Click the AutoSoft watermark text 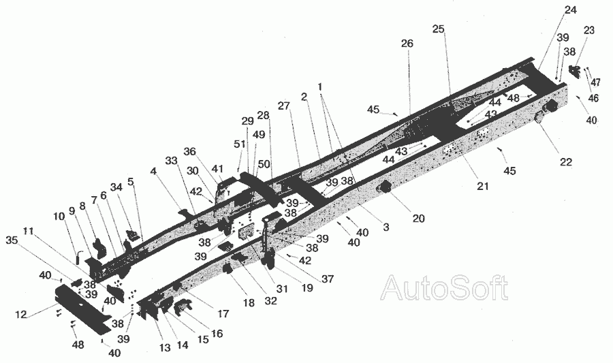pyautogui.click(x=443, y=289)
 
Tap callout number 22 pyautogui.click(x=566, y=162)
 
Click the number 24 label pyautogui.click(x=570, y=10)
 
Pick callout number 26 pyautogui.click(x=407, y=44)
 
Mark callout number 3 pyautogui.click(x=386, y=227)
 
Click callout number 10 pyautogui.click(x=59, y=216)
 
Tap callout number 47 pyautogui.click(x=595, y=82)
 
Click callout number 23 pyautogui.click(x=588, y=30)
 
